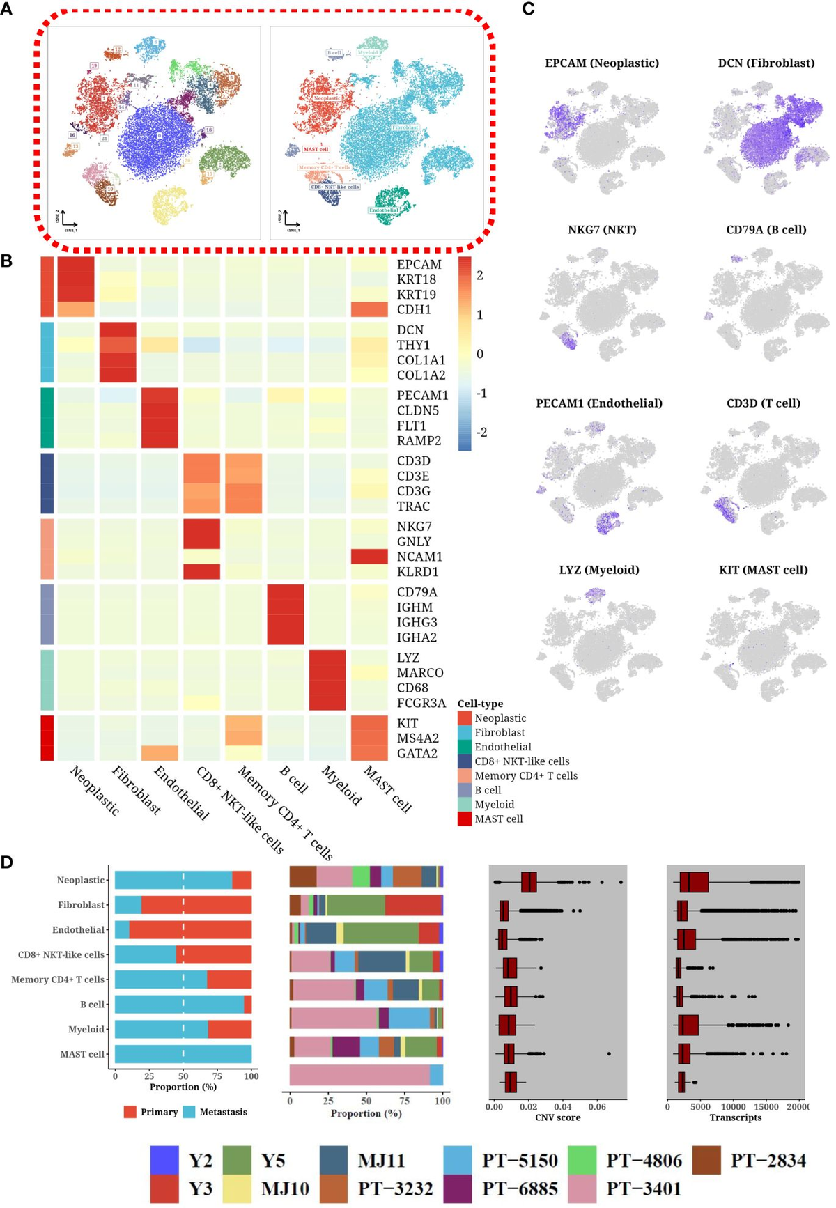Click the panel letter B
[6, 261]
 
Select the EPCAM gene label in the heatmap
[419, 265]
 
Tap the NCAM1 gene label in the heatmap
[419, 557]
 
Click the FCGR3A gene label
[421, 703]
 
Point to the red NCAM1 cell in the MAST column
[369, 557]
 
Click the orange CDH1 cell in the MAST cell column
[369, 309]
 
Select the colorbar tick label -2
[481, 432]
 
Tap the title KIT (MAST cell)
[763, 570]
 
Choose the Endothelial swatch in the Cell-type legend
[465, 747]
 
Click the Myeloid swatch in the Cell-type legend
[465, 805]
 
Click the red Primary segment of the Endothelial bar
[189, 929]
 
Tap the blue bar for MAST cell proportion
[183, 1054]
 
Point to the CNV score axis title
[557, 1117]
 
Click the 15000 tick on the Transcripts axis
[766, 1106]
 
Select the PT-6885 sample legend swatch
[458, 1188]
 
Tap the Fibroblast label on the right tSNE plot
[405, 128]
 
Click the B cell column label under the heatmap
[294, 780]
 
